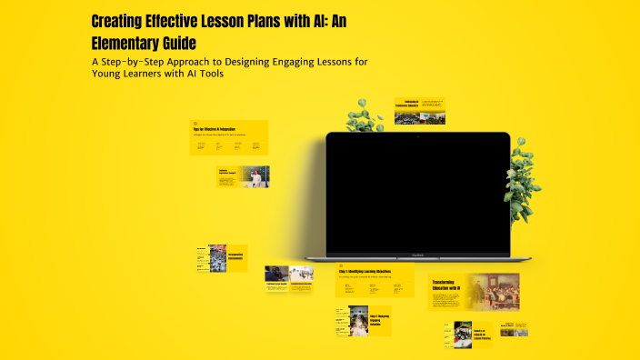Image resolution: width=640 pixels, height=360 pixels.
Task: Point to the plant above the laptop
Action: pos(364,117)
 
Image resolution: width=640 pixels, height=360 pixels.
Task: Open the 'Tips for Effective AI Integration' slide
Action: pos(228,137)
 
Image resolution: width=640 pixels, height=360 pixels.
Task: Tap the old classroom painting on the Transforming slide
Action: pos(492,291)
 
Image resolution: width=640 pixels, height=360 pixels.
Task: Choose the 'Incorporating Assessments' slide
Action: pos(222,258)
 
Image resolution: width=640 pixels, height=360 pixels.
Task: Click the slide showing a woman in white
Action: pos(243,176)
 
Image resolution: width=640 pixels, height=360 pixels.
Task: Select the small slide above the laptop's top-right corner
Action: pos(419,111)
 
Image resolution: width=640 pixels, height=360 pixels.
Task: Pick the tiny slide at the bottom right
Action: pos(527,329)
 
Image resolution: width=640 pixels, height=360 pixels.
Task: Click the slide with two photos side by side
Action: pos(289,275)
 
